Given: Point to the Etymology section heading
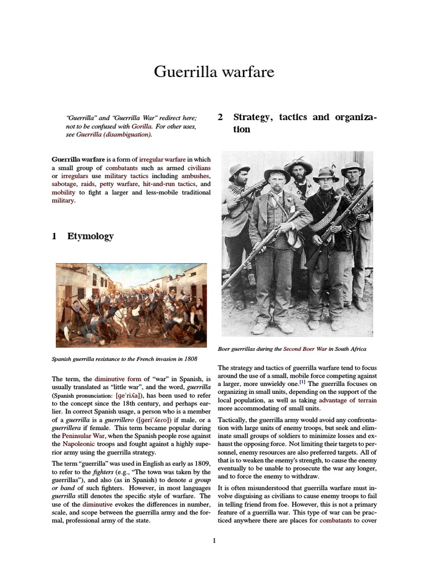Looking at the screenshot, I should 90,236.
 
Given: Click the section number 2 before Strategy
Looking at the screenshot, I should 220,118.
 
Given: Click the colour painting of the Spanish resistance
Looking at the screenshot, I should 131,305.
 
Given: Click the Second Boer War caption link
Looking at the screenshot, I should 305,349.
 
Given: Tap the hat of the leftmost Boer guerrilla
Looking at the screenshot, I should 239,169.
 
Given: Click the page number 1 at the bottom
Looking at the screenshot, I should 214,540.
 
